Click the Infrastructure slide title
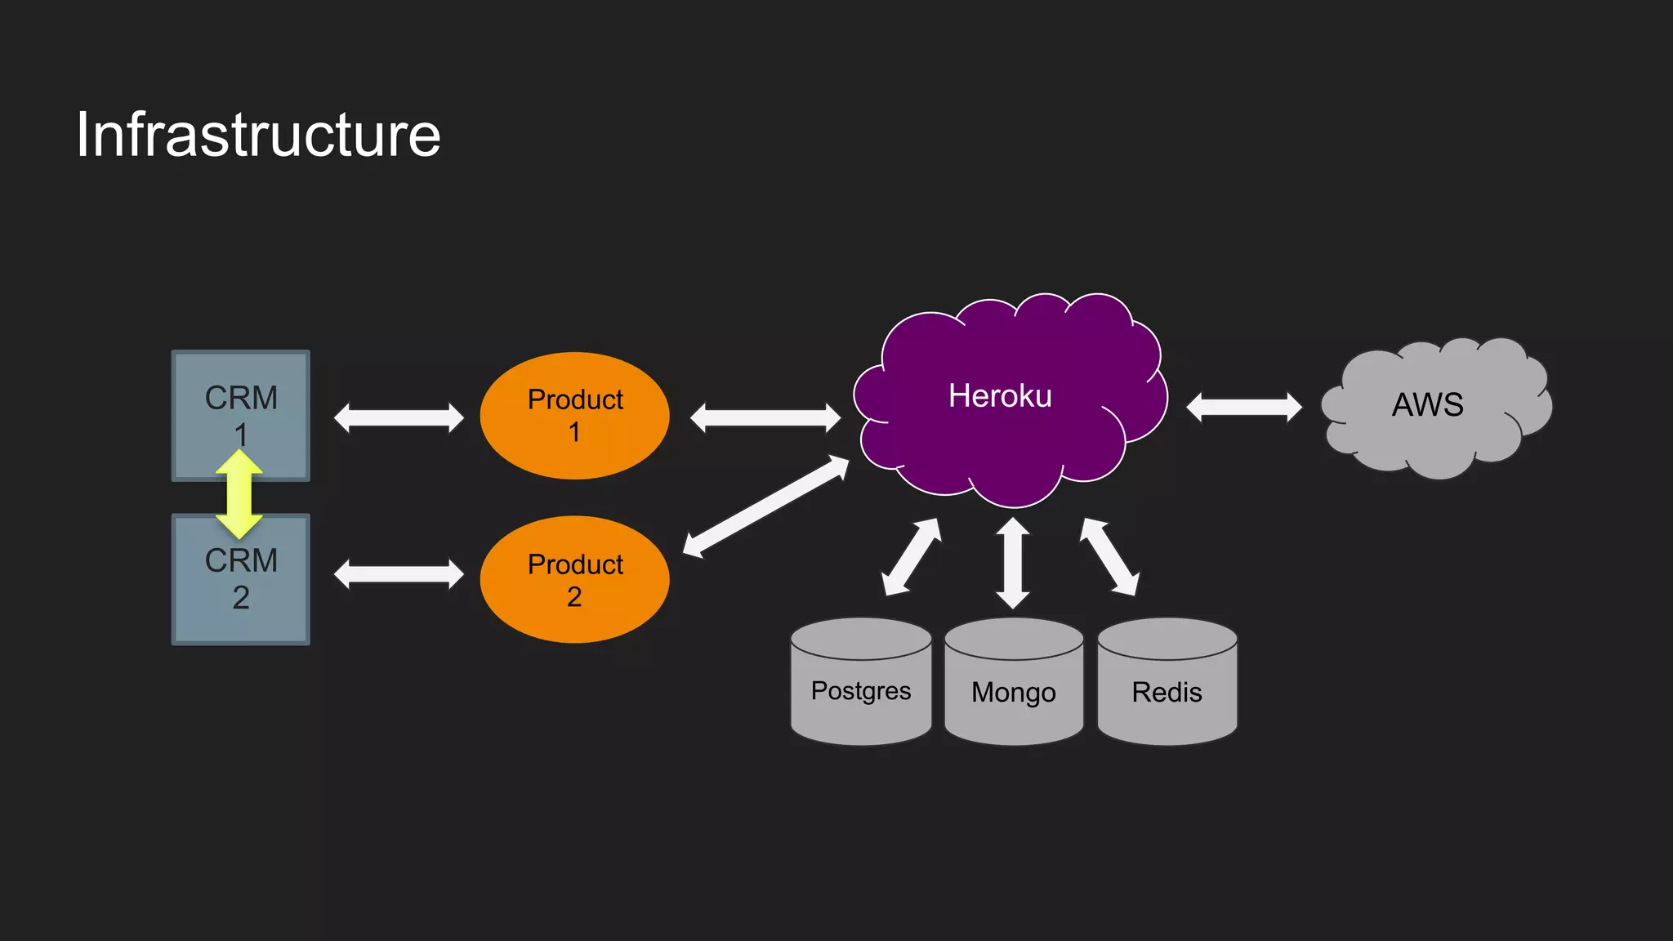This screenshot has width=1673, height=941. click(x=258, y=135)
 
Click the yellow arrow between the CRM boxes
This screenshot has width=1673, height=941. click(x=239, y=494)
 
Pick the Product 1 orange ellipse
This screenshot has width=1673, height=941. click(x=574, y=415)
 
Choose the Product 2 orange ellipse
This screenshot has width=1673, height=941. click(x=574, y=579)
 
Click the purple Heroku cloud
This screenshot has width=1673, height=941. click(x=1010, y=441)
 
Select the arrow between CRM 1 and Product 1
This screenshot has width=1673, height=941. click(x=399, y=417)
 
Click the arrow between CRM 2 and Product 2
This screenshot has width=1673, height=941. click(x=399, y=573)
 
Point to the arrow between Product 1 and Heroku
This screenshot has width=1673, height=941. click(x=765, y=417)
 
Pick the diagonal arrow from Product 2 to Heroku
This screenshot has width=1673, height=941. click(x=765, y=506)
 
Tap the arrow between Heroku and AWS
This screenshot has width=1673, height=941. click(x=1243, y=407)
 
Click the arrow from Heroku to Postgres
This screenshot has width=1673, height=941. click(x=912, y=557)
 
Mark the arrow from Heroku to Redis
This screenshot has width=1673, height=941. click(x=1109, y=556)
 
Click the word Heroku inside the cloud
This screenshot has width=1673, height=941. click(x=1000, y=396)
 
